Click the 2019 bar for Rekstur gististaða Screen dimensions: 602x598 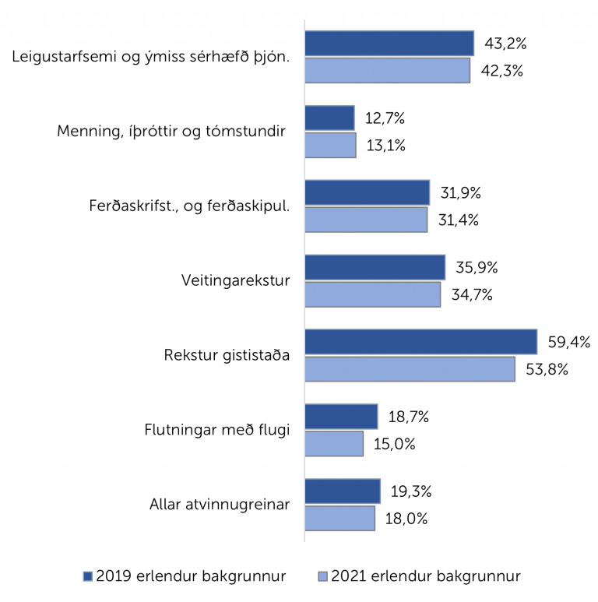(420, 342)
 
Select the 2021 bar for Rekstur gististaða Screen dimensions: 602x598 (410, 369)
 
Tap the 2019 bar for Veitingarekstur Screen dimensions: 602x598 (375, 267)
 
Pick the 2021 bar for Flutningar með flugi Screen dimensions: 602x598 (334, 444)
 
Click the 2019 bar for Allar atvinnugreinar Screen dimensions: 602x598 (343, 491)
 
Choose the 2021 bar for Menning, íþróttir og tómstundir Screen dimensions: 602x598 (330, 145)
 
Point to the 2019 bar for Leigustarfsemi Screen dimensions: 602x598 (389, 43)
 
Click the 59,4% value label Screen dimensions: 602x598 (568, 342)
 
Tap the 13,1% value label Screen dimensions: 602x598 (386, 145)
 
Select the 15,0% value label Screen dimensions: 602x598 (394, 445)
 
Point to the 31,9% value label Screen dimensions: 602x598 (461, 192)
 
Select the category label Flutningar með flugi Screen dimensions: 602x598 (218, 430)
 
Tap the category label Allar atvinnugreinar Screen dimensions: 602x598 (220, 504)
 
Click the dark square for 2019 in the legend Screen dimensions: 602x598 (88, 576)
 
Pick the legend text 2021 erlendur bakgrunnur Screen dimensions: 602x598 (426, 576)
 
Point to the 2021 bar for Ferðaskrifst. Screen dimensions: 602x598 (366, 220)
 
